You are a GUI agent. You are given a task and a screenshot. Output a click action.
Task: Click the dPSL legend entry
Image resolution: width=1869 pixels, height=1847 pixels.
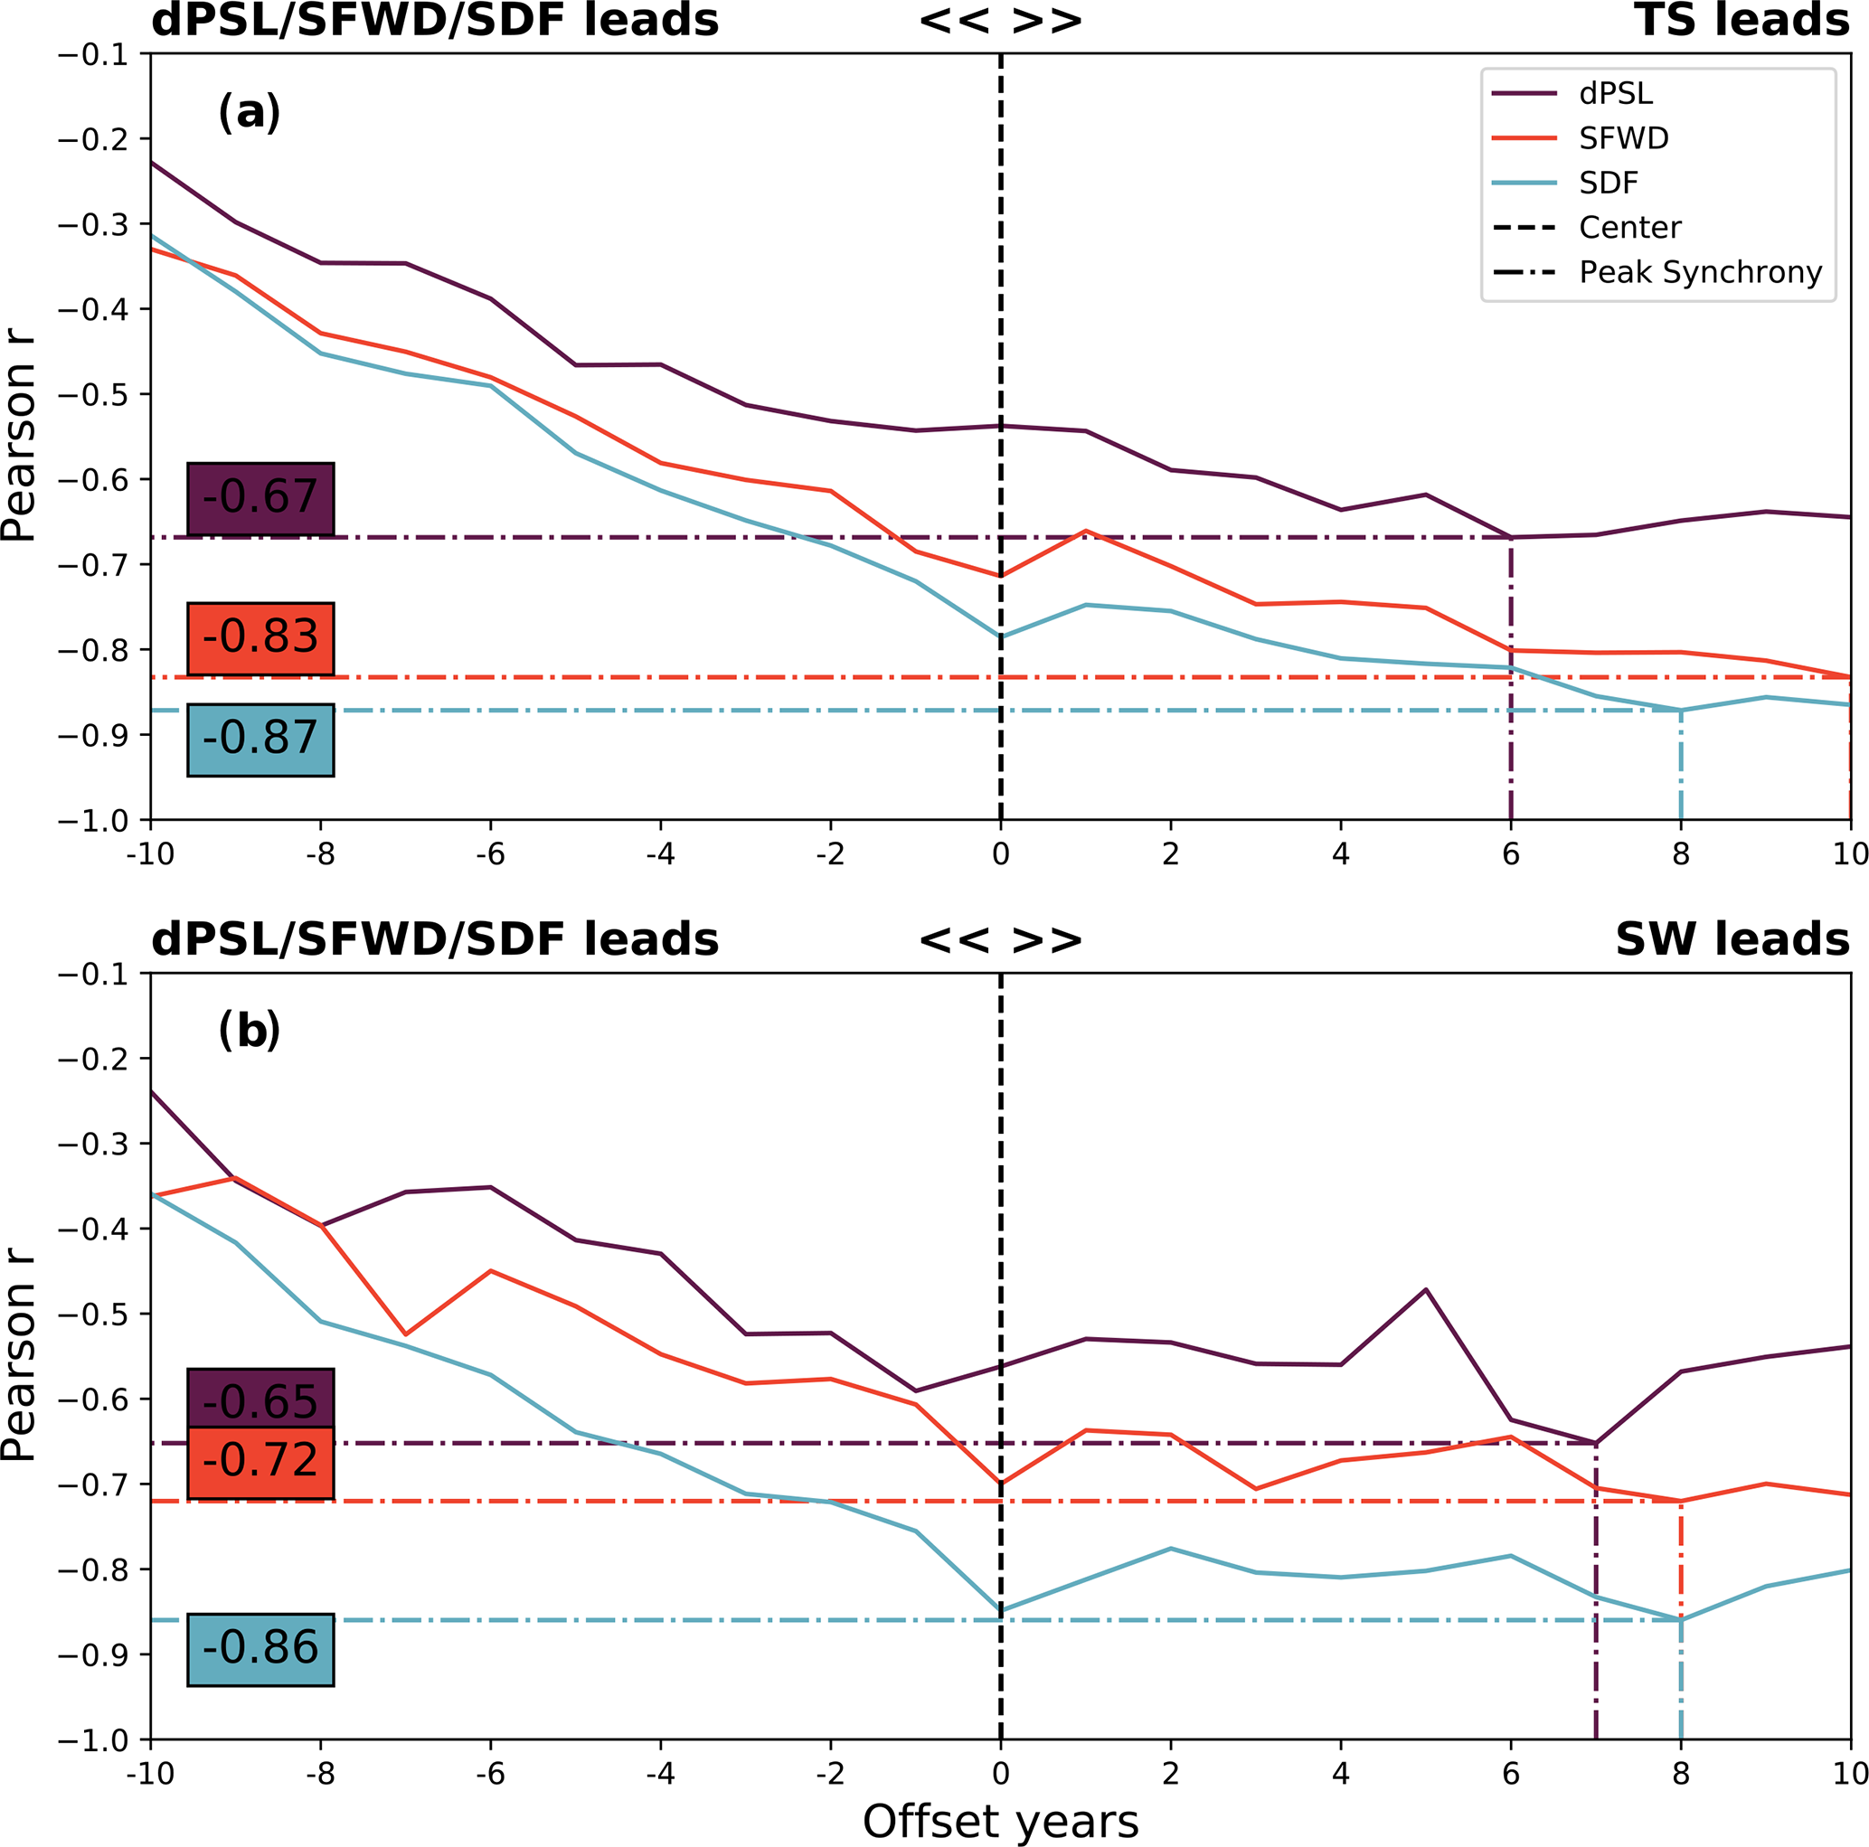(x=1616, y=94)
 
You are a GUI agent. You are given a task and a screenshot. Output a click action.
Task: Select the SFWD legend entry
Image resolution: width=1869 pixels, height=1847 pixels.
(x=1623, y=138)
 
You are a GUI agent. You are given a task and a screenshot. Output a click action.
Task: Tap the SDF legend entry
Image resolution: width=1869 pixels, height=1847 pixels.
(x=1609, y=183)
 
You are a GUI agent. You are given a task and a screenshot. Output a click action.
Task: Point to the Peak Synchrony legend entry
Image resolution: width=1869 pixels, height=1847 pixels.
(x=1700, y=273)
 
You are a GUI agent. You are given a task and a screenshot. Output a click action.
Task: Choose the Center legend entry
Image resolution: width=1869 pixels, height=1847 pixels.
(x=1630, y=228)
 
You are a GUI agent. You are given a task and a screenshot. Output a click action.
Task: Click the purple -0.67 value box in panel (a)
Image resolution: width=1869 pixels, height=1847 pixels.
(x=260, y=498)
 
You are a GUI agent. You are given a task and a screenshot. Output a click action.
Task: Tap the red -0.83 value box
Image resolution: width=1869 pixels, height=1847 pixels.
(x=260, y=638)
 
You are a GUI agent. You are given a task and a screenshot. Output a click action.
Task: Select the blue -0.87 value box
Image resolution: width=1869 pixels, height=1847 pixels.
(x=260, y=740)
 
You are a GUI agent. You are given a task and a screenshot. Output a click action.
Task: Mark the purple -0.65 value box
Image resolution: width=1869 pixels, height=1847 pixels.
(x=260, y=1399)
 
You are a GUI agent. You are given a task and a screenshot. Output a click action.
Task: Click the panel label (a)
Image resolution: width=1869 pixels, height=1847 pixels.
(x=249, y=112)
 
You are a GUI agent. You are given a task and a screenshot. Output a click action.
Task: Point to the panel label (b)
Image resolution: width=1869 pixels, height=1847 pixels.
(x=249, y=1031)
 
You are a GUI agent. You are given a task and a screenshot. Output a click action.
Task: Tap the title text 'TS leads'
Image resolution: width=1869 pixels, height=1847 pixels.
(x=1742, y=22)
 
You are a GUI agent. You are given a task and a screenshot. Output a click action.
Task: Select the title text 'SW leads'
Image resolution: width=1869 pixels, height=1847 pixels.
(x=1732, y=940)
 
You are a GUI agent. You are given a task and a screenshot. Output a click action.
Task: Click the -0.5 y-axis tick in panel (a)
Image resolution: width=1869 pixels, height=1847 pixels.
(x=93, y=394)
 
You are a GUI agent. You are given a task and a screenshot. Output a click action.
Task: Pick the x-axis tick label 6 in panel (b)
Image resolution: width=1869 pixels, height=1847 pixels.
(x=1510, y=1774)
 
